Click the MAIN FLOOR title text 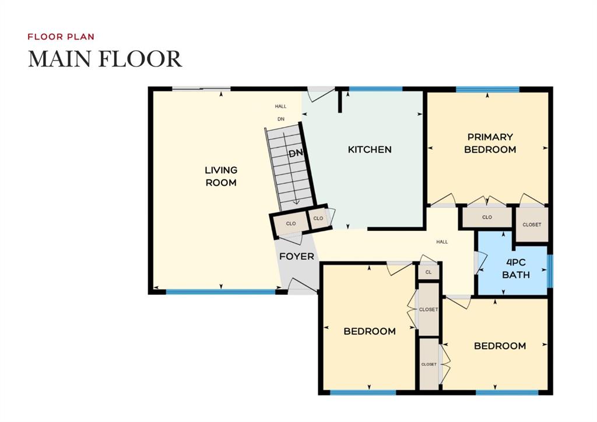(x=105, y=59)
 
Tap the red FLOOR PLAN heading (x=61, y=37)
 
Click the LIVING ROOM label (x=221, y=176)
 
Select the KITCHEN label (x=370, y=150)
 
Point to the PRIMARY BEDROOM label (x=490, y=143)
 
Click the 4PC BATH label (x=516, y=269)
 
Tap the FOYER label (x=297, y=256)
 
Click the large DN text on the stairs (x=296, y=154)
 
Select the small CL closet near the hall (x=429, y=272)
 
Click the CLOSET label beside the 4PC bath (x=531, y=224)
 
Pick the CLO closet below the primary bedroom (x=487, y=217)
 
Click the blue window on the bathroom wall (x=550, y=270)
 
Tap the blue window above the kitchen (x=375, y=89)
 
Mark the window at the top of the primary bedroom (x=487, y=89)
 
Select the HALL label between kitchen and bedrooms (x=442, y=241)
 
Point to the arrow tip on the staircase (x=296, y=202)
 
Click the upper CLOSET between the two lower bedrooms (x=429, y=310)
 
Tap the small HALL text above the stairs (x=281, y=107)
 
